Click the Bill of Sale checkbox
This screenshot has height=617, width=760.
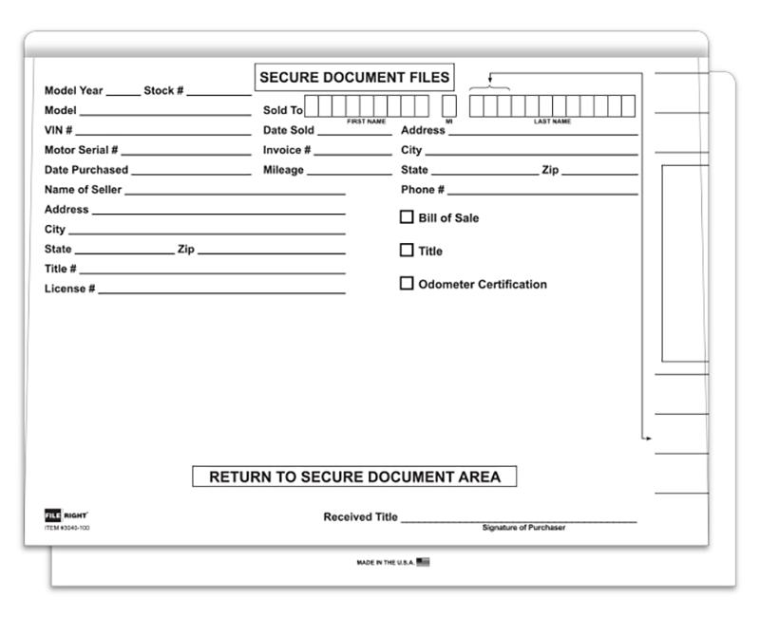[x=407, y=217]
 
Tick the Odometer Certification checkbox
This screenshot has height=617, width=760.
[x=407, y=284]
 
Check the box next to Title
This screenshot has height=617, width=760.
[x=407, y=251]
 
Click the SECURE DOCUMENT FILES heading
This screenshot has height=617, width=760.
[x=354, y=78]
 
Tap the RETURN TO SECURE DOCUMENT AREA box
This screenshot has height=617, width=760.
[x=354, y=477]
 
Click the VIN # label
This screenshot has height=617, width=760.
[x=59, y=130]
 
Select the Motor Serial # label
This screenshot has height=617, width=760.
[x=82, y=150]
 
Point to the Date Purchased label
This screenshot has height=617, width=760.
[x=86, y=170]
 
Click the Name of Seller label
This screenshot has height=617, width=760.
[x=84, y=190]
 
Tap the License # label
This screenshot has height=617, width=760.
[x=70, y=289]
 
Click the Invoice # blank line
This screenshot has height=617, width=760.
[x=353, y=152]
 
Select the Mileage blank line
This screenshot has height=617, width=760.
[x=349, y=172]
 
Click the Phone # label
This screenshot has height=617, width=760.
[x=423, y=190]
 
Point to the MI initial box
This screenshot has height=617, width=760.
[x=449, y=106]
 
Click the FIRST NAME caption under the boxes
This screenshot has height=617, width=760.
[x=366, y=122]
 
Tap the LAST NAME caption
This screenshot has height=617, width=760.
[x=552, y=122]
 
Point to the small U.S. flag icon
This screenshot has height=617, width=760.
[x=423, y=562]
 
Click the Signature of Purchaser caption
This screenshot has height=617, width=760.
[x=523, y=528]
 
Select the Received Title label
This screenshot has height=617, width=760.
[x=360, y=517]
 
